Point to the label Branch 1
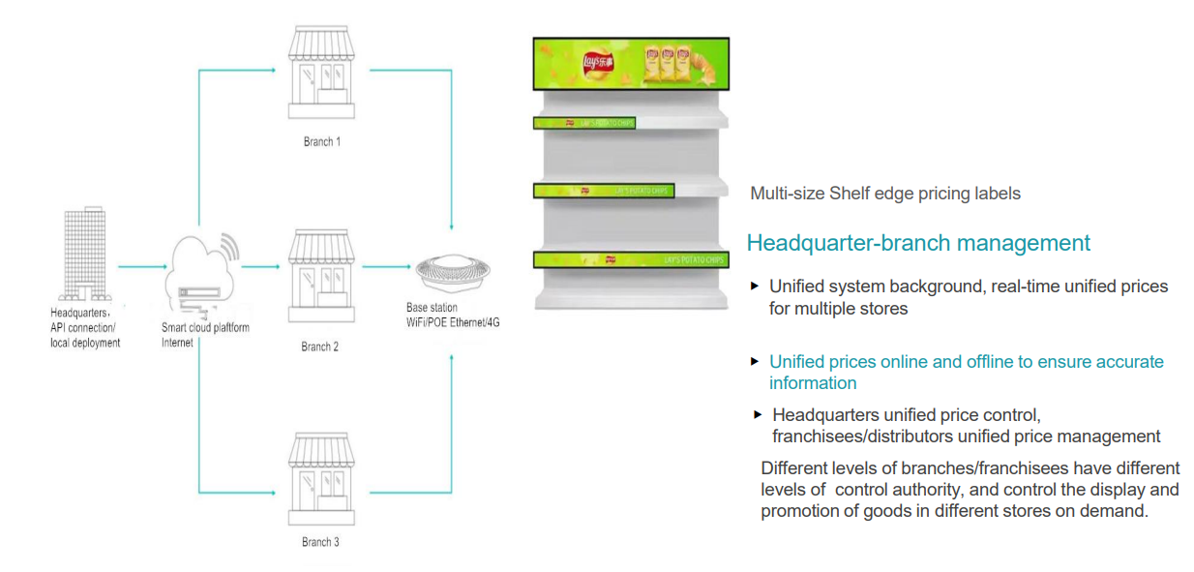tap(321, 141)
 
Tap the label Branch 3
tap(320, 542)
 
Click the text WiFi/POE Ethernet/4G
tap(452, 322)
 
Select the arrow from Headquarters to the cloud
tap(140, 265)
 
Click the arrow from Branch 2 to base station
tap(386, 265)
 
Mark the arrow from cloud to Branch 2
tap(258, 265)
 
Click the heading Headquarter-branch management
tap(917, 243)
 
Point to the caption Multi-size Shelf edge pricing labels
tap(884, 194)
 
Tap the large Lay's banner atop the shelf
tap(630, 65)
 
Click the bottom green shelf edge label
tap(630, 259)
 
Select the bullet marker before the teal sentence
tap(756, 361)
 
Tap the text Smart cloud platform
tap(205, 328)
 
